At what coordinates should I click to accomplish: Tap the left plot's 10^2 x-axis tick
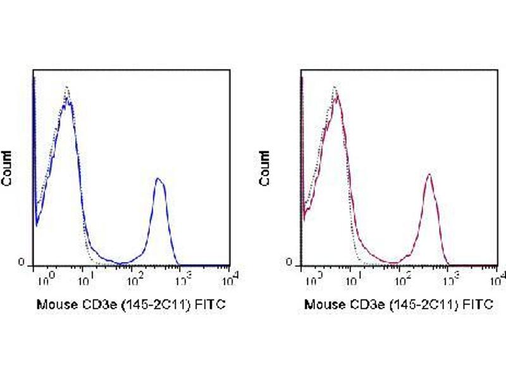pyautogui.click(x=133, y=276)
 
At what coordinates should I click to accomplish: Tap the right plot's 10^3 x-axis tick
pyautogui.click(x=449, y=276)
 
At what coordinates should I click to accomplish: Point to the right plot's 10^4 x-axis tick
pyautogui.click(x=498, y=275)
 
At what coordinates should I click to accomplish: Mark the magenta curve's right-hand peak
pyautogui.click(x=429, y=174)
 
